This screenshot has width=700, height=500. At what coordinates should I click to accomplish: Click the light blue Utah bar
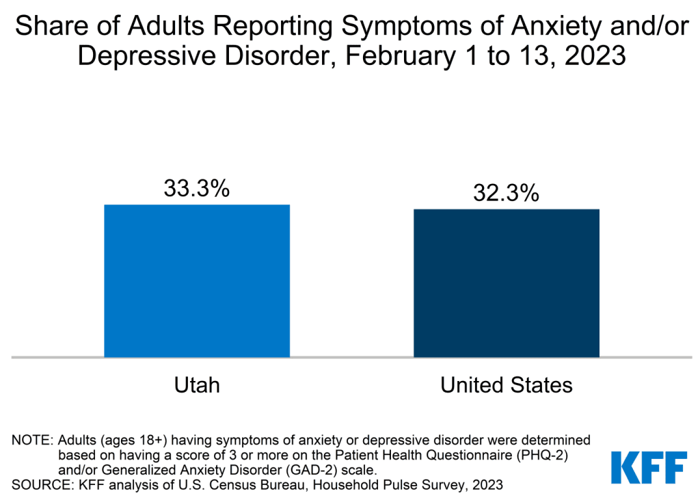pyautogui.click(x=197, y=280)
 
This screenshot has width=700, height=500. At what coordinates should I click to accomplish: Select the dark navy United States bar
pyautogui.click(x=507, y=282)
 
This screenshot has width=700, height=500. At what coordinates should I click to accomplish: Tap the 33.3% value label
pyautogui.click(x=197, y=189)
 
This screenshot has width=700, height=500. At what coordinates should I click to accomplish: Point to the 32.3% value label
pyautogui.click(x=507, y=193)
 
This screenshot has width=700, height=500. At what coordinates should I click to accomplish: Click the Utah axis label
pyautogui.click(x=197, y=385)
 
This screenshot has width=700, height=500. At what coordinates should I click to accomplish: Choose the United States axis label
pyautogui.click(x=507, y=385)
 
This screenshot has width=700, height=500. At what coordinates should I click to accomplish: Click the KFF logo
pyautogui.click(x=648, y=466)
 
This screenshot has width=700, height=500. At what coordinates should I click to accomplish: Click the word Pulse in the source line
pyautogui.click(x=391, y=486)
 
